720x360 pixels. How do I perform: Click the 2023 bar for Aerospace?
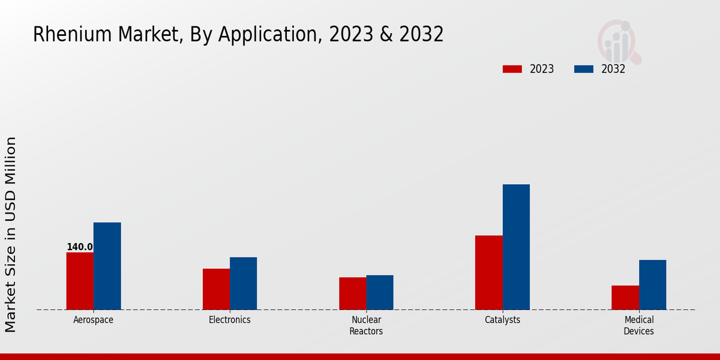(80, 281)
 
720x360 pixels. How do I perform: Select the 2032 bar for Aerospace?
(107, 266)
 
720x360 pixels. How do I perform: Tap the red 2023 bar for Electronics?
(216, 289)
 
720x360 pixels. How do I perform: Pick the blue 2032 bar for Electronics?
(243, 283)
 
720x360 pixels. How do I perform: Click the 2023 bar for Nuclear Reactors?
(352, 293)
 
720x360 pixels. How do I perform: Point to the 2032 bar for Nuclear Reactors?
(380, 292)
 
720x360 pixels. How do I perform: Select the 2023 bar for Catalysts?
(488, 272)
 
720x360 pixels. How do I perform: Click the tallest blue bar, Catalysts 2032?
(516, 247)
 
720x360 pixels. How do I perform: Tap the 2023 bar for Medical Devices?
(625, 297)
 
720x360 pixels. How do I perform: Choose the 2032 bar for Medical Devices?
(652, 284)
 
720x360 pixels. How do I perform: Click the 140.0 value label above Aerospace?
(80, 247)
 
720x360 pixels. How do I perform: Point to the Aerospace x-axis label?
(93, 320)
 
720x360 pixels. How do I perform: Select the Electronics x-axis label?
(230, 320)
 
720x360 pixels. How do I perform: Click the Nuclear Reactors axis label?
(366, 325)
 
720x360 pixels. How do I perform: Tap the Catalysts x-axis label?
(502, 320)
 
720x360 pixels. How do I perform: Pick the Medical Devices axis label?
(638, 325)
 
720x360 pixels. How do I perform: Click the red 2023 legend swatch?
(512, 69)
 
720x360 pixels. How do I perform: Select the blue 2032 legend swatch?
(583, 69)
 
